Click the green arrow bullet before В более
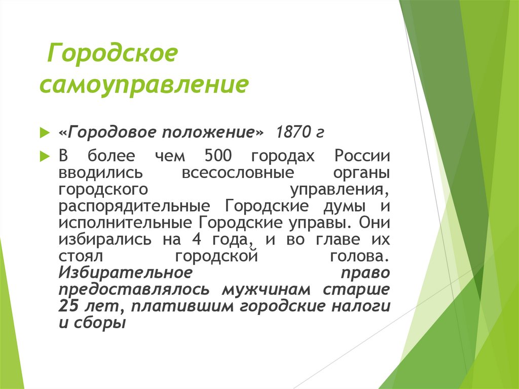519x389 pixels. point(44,155)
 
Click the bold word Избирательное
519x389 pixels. point(125,272)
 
